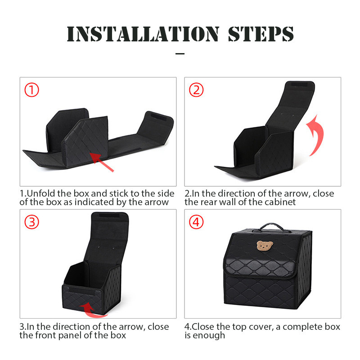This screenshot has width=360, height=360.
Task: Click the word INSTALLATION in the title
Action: pyautogui.click(x=143, y=34)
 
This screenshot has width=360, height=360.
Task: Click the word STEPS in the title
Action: pyautogui.click(x=261, y=34)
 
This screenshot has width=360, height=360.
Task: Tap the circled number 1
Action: pyautogui.click(x=31, y=90)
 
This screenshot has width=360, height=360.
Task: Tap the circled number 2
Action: pyautogui.click(x=196, y=90)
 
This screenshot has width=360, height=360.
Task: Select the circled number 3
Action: pyautogui.click(x=31, y=222)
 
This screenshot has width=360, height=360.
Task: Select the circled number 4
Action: pyautogui.click(x=196, y=222)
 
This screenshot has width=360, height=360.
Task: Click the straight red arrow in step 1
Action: pyautogui.click(x=102, y=162)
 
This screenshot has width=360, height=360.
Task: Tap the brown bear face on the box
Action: pyautogui.click(x=265, y=245)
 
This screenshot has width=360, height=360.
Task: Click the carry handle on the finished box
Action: pyautogui.click(x=272, y=226)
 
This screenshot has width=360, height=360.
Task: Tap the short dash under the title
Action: pyautogui.click(x=180, y=54)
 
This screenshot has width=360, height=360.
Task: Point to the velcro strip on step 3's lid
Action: pyautogui.click(x=109, y=216)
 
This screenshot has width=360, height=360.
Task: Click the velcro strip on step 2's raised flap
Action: pyautogui.click(x=299, y=85)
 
